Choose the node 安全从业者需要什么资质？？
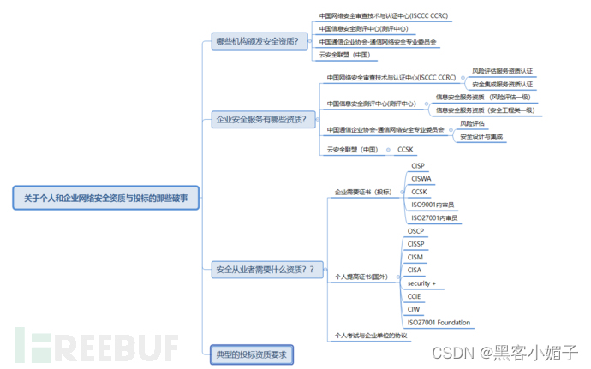click(265, 270)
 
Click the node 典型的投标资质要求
click(252, 353)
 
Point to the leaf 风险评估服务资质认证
click(502, 71)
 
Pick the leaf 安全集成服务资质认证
click(502, 84)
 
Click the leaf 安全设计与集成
click(481, 136)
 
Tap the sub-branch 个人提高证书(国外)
click(361, 277)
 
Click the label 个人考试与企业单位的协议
click(372, 336)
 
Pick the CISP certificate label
click(418, 165)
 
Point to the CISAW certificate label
click(421, 179)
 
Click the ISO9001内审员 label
click(432, 205)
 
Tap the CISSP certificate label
click(416, 244)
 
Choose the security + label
click(421, 283)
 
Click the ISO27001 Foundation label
click(439, 322)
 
